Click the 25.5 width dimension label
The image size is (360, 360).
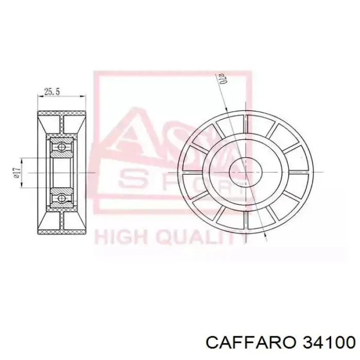pyautogui.click(x=52, y=92)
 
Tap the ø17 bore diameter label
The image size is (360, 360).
pyautogui.click(x=16, y=172)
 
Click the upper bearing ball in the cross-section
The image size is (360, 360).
pyautogui.click(x=61, y=147)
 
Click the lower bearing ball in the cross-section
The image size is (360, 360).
pyautogui.click(x=61, y=197)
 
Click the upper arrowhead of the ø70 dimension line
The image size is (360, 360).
pyautogui.click(x=227, y=109)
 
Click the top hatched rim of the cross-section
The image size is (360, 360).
pyautogui.click(x=62, y=113)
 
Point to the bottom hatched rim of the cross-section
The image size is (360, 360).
pyautogui.click(x=62, y=231)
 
